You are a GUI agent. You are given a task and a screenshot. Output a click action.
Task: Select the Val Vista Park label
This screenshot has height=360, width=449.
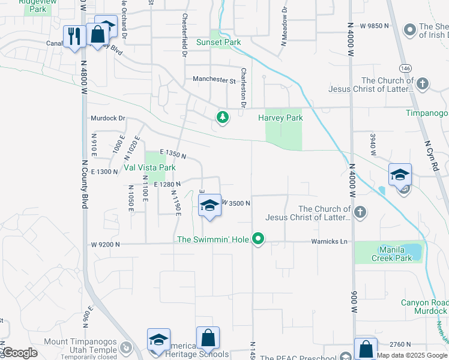(150, 167)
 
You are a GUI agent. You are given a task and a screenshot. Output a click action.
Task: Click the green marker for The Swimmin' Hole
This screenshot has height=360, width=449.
(258, 239)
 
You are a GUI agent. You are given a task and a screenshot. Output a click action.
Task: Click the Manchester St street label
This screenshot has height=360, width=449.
(214, 79)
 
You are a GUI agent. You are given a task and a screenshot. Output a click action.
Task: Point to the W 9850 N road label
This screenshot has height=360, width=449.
(375, 26)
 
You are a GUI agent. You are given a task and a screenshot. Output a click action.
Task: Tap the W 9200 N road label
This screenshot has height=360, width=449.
(106, 245)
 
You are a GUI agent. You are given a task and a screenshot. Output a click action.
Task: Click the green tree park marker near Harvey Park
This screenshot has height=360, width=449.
(223, 117)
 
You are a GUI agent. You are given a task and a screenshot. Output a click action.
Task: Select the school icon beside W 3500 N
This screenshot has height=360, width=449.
(209, 205)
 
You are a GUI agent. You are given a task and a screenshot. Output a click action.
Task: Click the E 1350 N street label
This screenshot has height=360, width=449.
(172, 154)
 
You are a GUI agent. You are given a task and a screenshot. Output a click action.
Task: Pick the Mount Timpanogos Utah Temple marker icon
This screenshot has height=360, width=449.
(125, 347)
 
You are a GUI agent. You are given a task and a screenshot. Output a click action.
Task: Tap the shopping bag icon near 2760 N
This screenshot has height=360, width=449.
(365, 348)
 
